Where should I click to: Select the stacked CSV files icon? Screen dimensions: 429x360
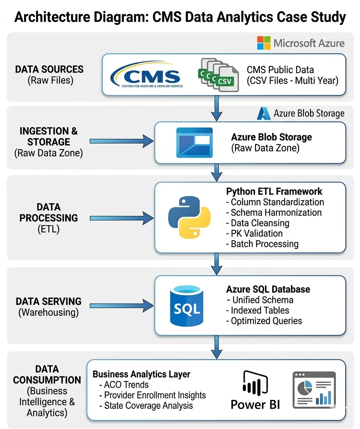[x=218, y=75]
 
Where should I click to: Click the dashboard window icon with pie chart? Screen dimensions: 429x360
[x=314, y=390]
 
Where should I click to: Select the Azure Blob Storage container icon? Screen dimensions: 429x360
[x=194, y=143]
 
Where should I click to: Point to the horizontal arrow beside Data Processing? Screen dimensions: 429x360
[x=121, y=218]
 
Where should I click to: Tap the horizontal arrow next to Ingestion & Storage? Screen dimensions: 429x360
[x=121, y=141]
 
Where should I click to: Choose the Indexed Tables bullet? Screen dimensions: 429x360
[x=260, y=310]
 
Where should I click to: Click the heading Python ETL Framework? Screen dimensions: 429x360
[x=274, y=191]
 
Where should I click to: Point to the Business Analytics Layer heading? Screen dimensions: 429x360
[x=141, y=374]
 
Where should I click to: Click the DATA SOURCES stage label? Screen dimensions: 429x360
[x=49, y=69]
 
